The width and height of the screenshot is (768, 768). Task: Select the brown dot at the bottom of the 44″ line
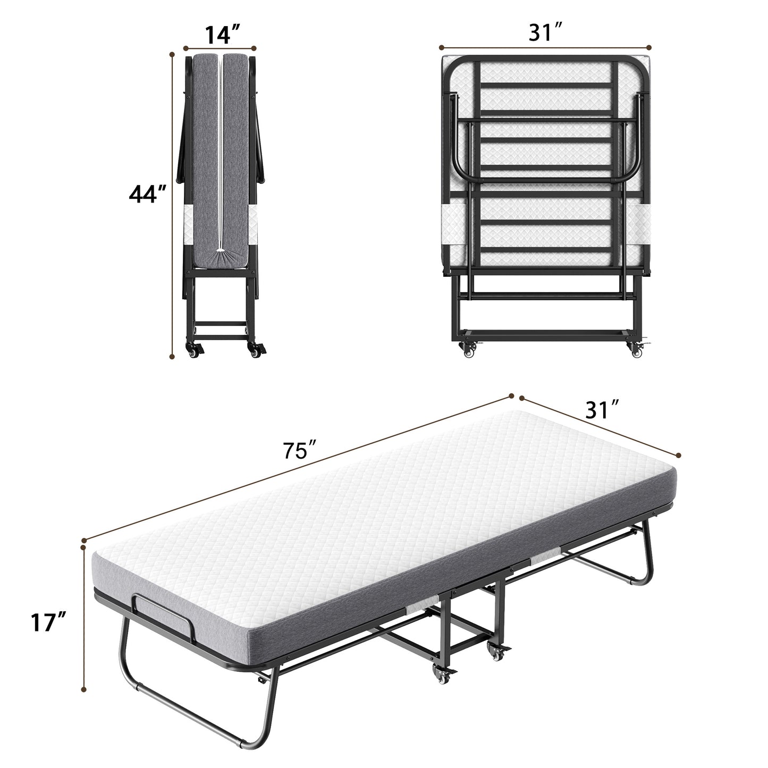pos(172,357)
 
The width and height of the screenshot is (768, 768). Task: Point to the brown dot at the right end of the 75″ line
pos(511,395)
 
